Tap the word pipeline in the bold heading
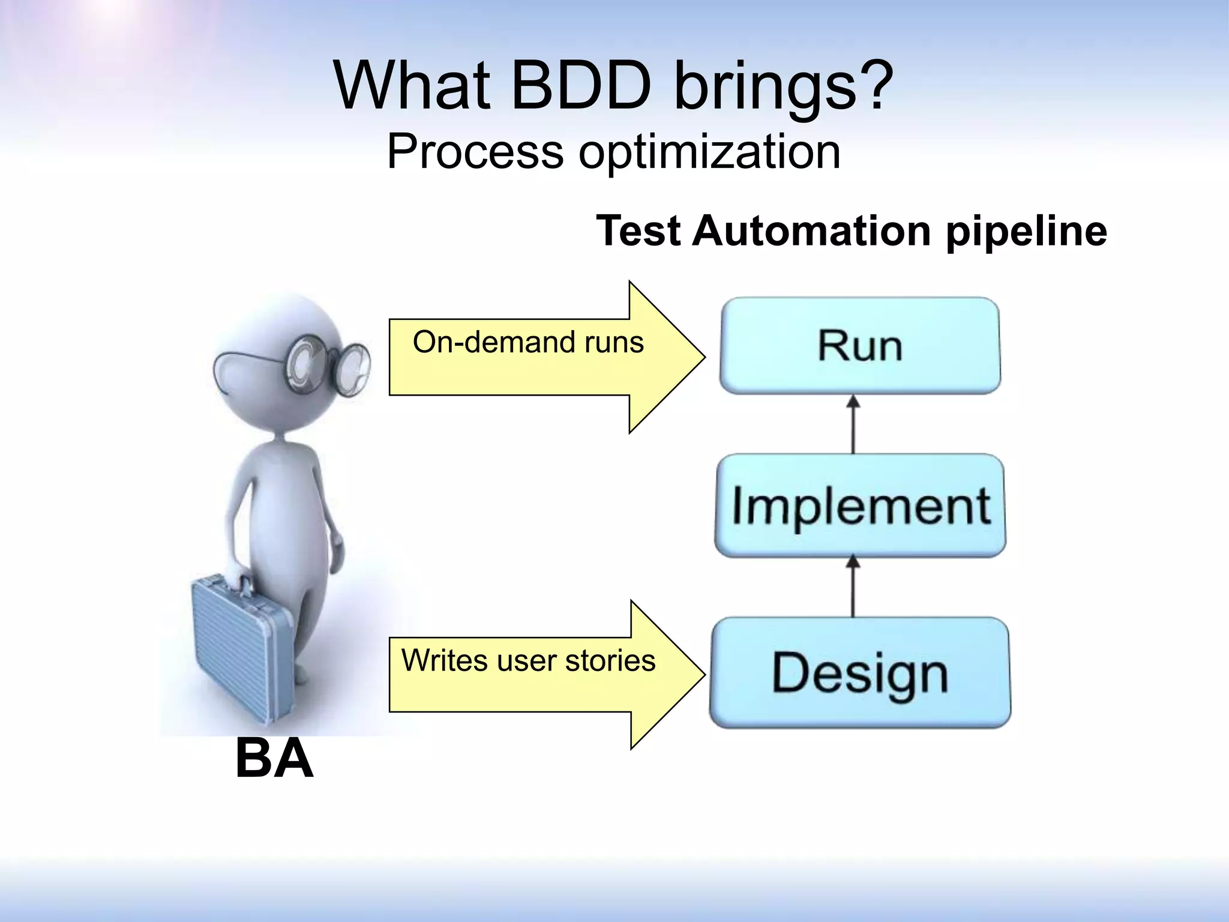coord(1026,232)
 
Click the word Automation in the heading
coord(811,231)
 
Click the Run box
coord(860,346)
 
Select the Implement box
coord(860,505)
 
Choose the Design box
coord(860,672)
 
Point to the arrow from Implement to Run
coord(853,424)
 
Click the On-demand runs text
coord(528,342)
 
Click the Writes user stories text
coord(528,660)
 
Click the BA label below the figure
coord(274,759)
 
